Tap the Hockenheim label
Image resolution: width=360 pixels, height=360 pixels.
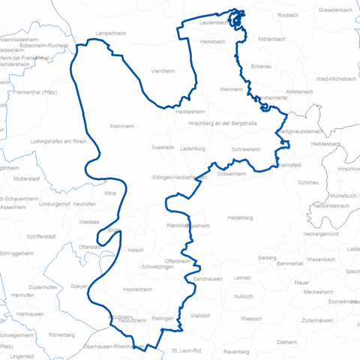(138, 289)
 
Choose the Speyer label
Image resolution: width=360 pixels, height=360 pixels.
(79, 286)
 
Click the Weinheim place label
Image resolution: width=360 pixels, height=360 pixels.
(232, 89)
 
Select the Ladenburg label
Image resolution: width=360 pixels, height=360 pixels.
(193, 148)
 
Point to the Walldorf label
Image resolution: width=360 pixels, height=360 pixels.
(200, 316)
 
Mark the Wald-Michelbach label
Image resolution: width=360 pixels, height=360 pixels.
(335, 78)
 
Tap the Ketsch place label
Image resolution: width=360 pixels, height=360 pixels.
(136, 250)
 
